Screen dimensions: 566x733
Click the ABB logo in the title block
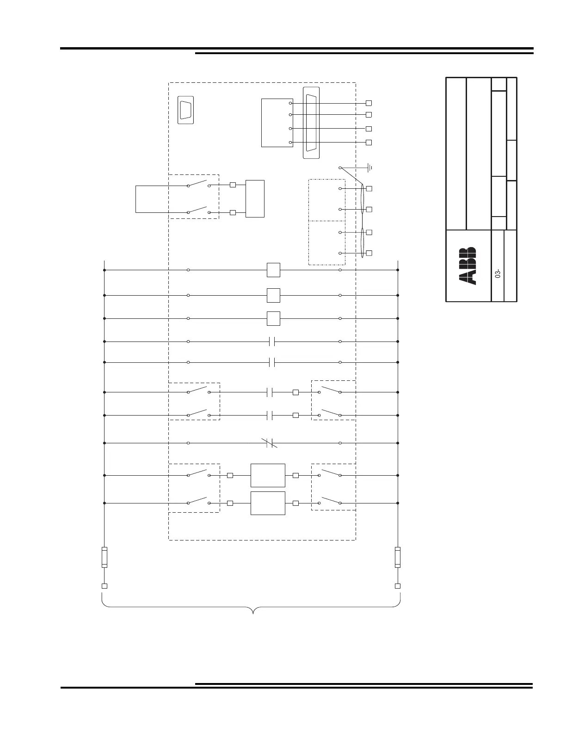tap(467, 267)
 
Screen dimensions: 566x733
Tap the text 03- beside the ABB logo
tap(498, 273)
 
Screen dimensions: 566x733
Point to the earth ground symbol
tap(370, 168)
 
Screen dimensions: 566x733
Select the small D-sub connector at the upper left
tap(186, 110)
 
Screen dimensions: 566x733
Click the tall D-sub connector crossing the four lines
tap(311, 123)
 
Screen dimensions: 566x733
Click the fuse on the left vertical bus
tap(105, 557)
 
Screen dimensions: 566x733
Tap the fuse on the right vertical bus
tap(398, 557)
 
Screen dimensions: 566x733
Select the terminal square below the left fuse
tap(105, 586)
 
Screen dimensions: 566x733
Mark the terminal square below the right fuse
tap(398, 586)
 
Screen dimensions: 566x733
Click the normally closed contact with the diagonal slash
tap(269, 443)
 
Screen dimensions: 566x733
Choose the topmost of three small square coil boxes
tap(273, 270)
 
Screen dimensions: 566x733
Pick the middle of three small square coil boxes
tap(273, 296)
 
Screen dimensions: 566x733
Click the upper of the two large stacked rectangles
tap(268, 475)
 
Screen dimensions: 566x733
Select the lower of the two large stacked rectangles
tap(268, 503)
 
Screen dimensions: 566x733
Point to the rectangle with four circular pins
tap(277, 123)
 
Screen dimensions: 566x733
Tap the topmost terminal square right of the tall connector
tap(369, 103)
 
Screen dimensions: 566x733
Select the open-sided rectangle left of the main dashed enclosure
tap(136, 199)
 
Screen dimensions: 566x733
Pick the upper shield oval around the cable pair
tap(363, 199)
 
